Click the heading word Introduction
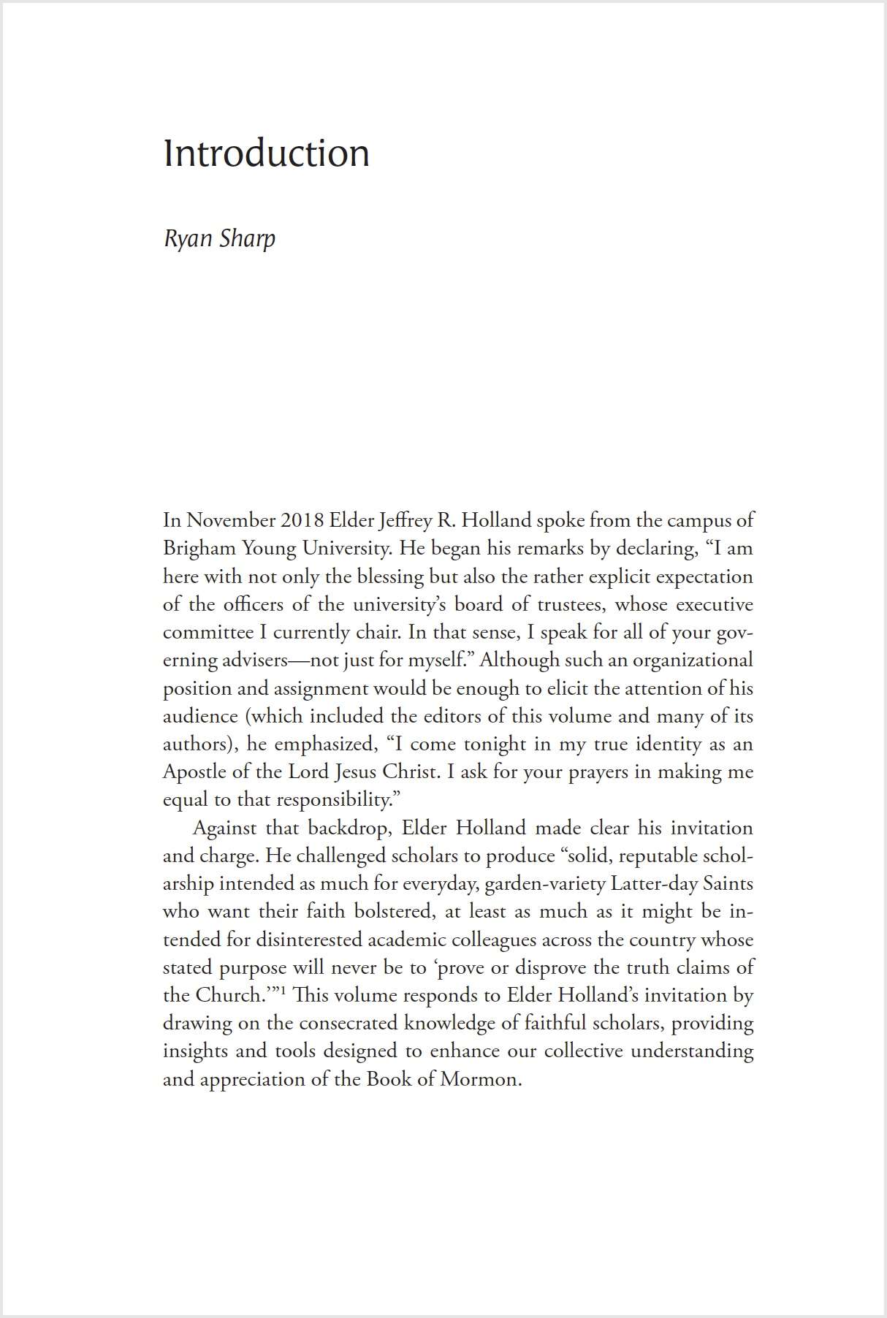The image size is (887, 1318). click(266, 153)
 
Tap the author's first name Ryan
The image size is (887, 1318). click(189, 239)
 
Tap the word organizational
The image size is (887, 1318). click(692, 660)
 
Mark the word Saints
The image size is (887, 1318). click(728, 884)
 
